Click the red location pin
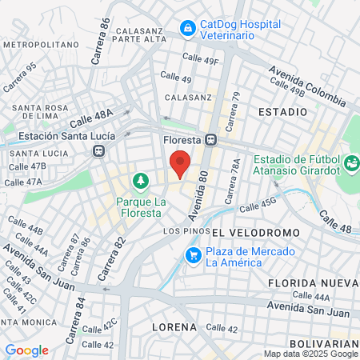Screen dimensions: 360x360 (181, 163)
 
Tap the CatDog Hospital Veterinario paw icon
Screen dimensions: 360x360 (188, 29)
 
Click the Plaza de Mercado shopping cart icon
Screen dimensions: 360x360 (193, 257)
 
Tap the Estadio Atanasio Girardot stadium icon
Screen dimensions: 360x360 (350, 163)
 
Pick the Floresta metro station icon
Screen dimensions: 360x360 (210, 138)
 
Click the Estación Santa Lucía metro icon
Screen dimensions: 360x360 (99, 150)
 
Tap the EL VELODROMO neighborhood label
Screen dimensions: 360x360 (256, 232)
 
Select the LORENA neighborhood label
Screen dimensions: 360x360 (174, 327)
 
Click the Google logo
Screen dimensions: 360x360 (26, 350)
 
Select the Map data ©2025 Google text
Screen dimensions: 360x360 (311, 354)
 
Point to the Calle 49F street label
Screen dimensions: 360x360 (200, 58)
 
